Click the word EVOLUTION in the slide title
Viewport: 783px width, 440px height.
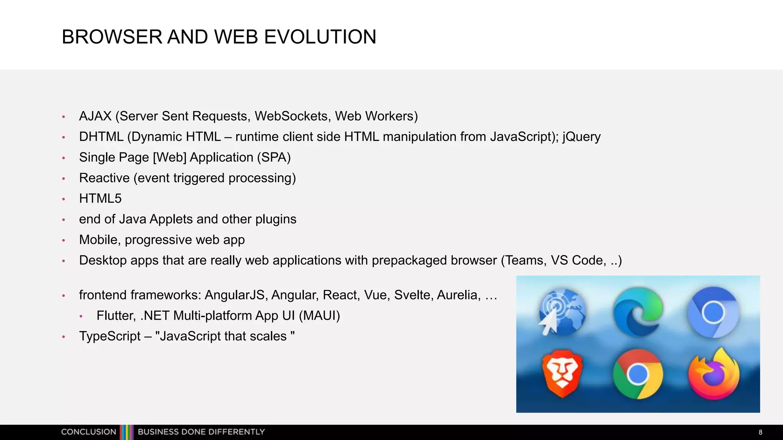[x=320, y=37]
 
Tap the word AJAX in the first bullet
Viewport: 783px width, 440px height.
[x=95, y=116]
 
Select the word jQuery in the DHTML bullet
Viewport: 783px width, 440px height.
[x=581, y=137]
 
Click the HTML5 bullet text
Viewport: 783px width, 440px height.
[x=100, y=199]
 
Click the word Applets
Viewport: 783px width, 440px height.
[x=171, y=219]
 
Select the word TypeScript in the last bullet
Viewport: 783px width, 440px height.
[x=110, y=336]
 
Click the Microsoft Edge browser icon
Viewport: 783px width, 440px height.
[x=638, y=311]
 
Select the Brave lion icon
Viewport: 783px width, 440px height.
[x=562, y=373]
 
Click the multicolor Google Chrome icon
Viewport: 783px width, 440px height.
[x=638, y=374]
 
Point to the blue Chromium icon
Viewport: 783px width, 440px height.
[x=713, y=312]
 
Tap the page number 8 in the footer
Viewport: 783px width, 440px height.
[x=760, y=432]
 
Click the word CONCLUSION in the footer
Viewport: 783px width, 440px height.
[x=89, y=432]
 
